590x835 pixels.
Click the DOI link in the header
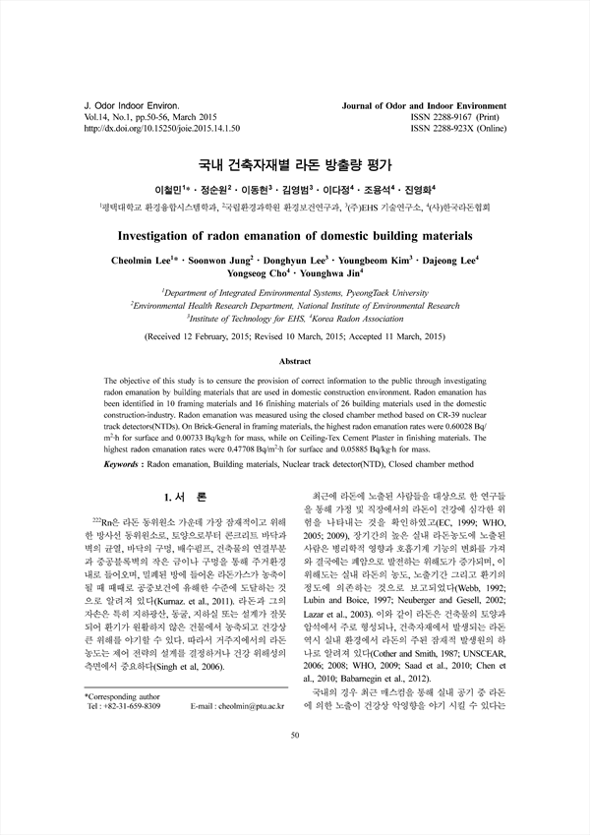click(x=162, y=128)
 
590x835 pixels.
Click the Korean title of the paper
click(x=294, y=162)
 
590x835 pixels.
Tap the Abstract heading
click(x=294, y=362)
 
